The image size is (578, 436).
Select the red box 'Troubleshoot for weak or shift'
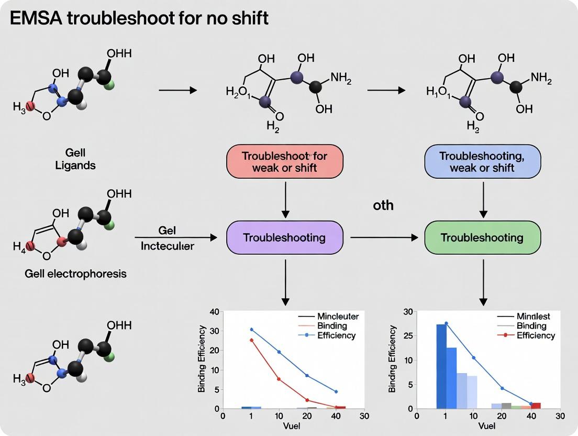coord(284,161)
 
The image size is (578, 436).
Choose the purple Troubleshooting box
coord(284,237)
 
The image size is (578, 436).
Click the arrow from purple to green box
coord(384,237)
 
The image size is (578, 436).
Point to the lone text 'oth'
coord(383,205)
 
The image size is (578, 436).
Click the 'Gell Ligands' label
coord(75,159)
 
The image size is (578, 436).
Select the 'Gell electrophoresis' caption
coord(75,274)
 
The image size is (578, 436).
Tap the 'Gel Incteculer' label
coord(167,238)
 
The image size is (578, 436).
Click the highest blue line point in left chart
coord(251,330)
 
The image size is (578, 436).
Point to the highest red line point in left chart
coord(251,340)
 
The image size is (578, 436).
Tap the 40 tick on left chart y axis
coord(214,312)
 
